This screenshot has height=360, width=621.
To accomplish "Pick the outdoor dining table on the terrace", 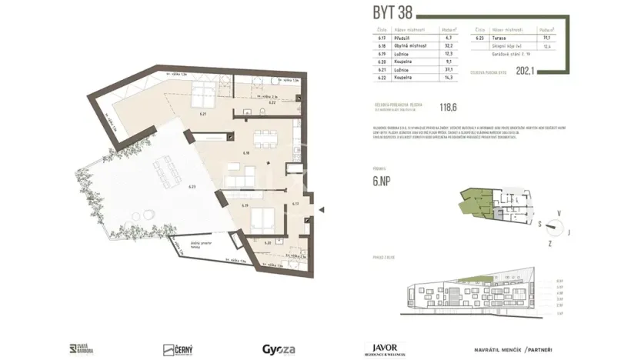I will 165,170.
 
